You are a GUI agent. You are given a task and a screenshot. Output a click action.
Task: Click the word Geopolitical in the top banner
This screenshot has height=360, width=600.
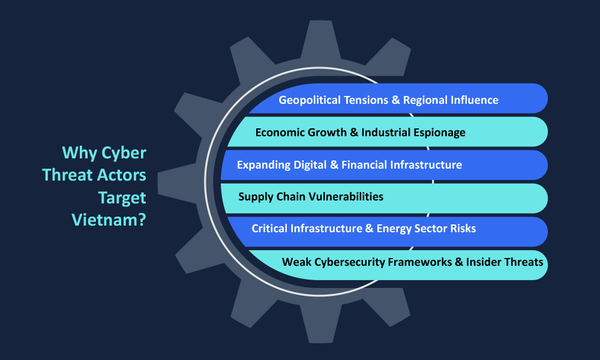point(309,100)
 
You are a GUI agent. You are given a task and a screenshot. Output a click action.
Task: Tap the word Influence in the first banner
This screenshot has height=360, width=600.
point(475,100)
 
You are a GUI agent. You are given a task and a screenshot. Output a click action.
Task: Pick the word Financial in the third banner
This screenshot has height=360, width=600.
point(364,165)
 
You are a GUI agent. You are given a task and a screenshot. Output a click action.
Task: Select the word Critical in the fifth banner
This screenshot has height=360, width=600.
point(269,229)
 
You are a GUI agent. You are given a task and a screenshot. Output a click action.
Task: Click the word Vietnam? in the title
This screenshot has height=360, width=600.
point(109,220)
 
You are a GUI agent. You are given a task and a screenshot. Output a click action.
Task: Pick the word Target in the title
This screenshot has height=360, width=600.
point(122,198)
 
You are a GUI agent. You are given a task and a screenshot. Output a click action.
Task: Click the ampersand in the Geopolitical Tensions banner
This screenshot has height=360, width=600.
point(395,100)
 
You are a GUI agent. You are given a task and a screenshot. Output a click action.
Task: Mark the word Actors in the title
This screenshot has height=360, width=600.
point(121,175)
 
